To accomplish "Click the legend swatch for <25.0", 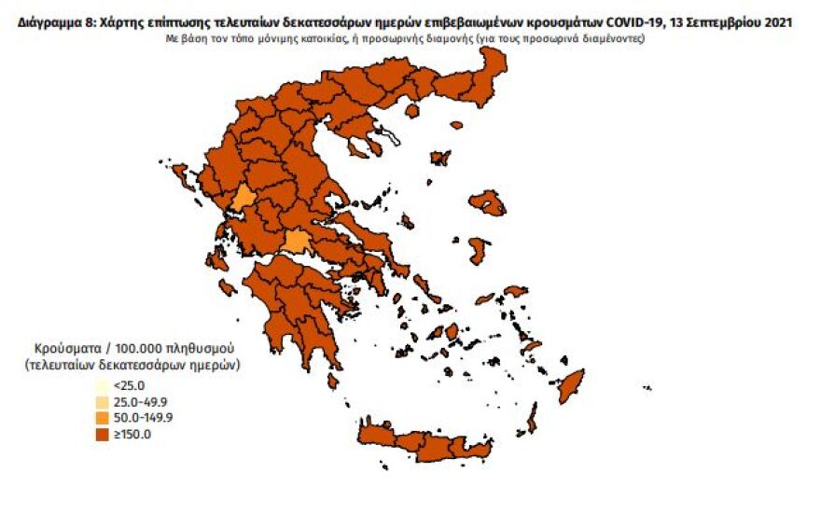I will (101, 386).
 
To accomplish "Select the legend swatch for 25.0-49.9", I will (101, 402).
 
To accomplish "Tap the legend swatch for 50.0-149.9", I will (101, 417).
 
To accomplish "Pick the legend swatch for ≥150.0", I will (101, 433).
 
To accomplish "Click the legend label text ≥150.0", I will (132, 433).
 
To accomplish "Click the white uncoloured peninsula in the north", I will (390, 136).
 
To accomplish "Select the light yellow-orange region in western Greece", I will (243, 197).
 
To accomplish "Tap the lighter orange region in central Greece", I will (298, 243).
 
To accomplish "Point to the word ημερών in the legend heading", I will (216, 365).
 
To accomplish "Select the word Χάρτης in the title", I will (123, 21).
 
